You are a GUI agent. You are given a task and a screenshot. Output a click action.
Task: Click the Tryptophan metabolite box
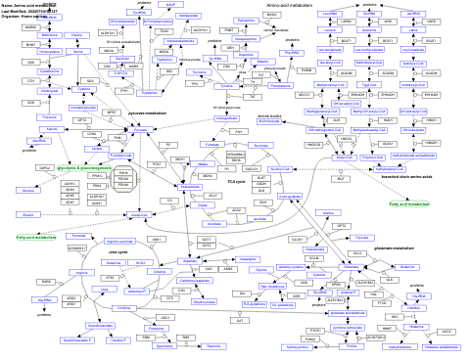coord(149,93)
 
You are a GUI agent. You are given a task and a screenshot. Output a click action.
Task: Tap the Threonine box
coord(47,117)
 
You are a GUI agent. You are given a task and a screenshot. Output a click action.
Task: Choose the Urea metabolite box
coord(104,290)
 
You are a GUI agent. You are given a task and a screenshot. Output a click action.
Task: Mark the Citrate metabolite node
coord(202,205)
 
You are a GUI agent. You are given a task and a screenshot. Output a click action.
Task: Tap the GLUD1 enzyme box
coord(298,239)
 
